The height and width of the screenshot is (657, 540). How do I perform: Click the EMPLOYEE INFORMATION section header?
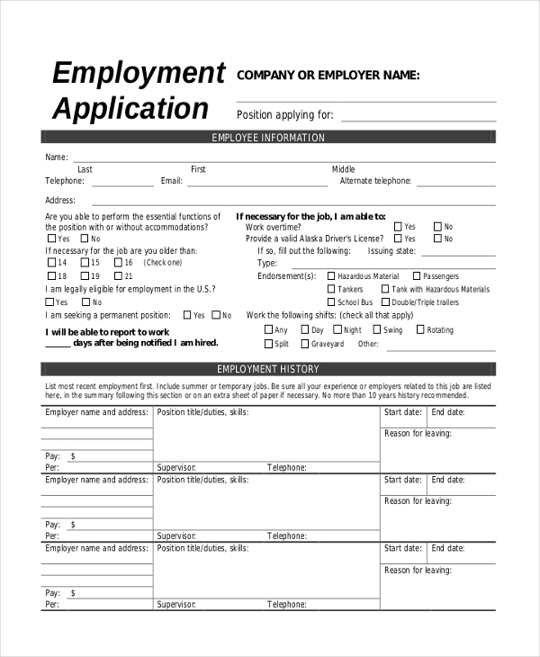pos(268,138)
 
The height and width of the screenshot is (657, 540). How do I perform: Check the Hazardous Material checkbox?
pos(331,276)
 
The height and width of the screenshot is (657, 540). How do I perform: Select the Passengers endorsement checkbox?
pos(417,276)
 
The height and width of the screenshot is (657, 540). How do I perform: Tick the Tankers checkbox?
pos(331,290)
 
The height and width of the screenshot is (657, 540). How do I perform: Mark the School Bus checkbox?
pos(331,302)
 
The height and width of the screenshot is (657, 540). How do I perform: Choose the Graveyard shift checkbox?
pos(305,344)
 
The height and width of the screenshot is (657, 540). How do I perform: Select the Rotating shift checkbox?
pos(420,330)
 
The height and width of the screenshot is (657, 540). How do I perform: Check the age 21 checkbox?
pos(117,276)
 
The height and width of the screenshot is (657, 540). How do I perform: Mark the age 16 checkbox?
pos(50,263)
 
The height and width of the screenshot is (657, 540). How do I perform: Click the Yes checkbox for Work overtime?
pos(398,227)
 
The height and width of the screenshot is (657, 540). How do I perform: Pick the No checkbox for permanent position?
pos(215,316)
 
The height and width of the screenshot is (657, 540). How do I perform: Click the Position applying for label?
pos(284,114)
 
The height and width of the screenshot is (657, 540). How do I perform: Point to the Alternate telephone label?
pos(375,181)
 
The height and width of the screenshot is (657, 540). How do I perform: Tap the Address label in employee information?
pos(60,201)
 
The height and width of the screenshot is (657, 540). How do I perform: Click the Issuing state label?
pos(392,251)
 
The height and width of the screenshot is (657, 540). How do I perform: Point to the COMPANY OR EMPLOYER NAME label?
pos(328,76)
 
